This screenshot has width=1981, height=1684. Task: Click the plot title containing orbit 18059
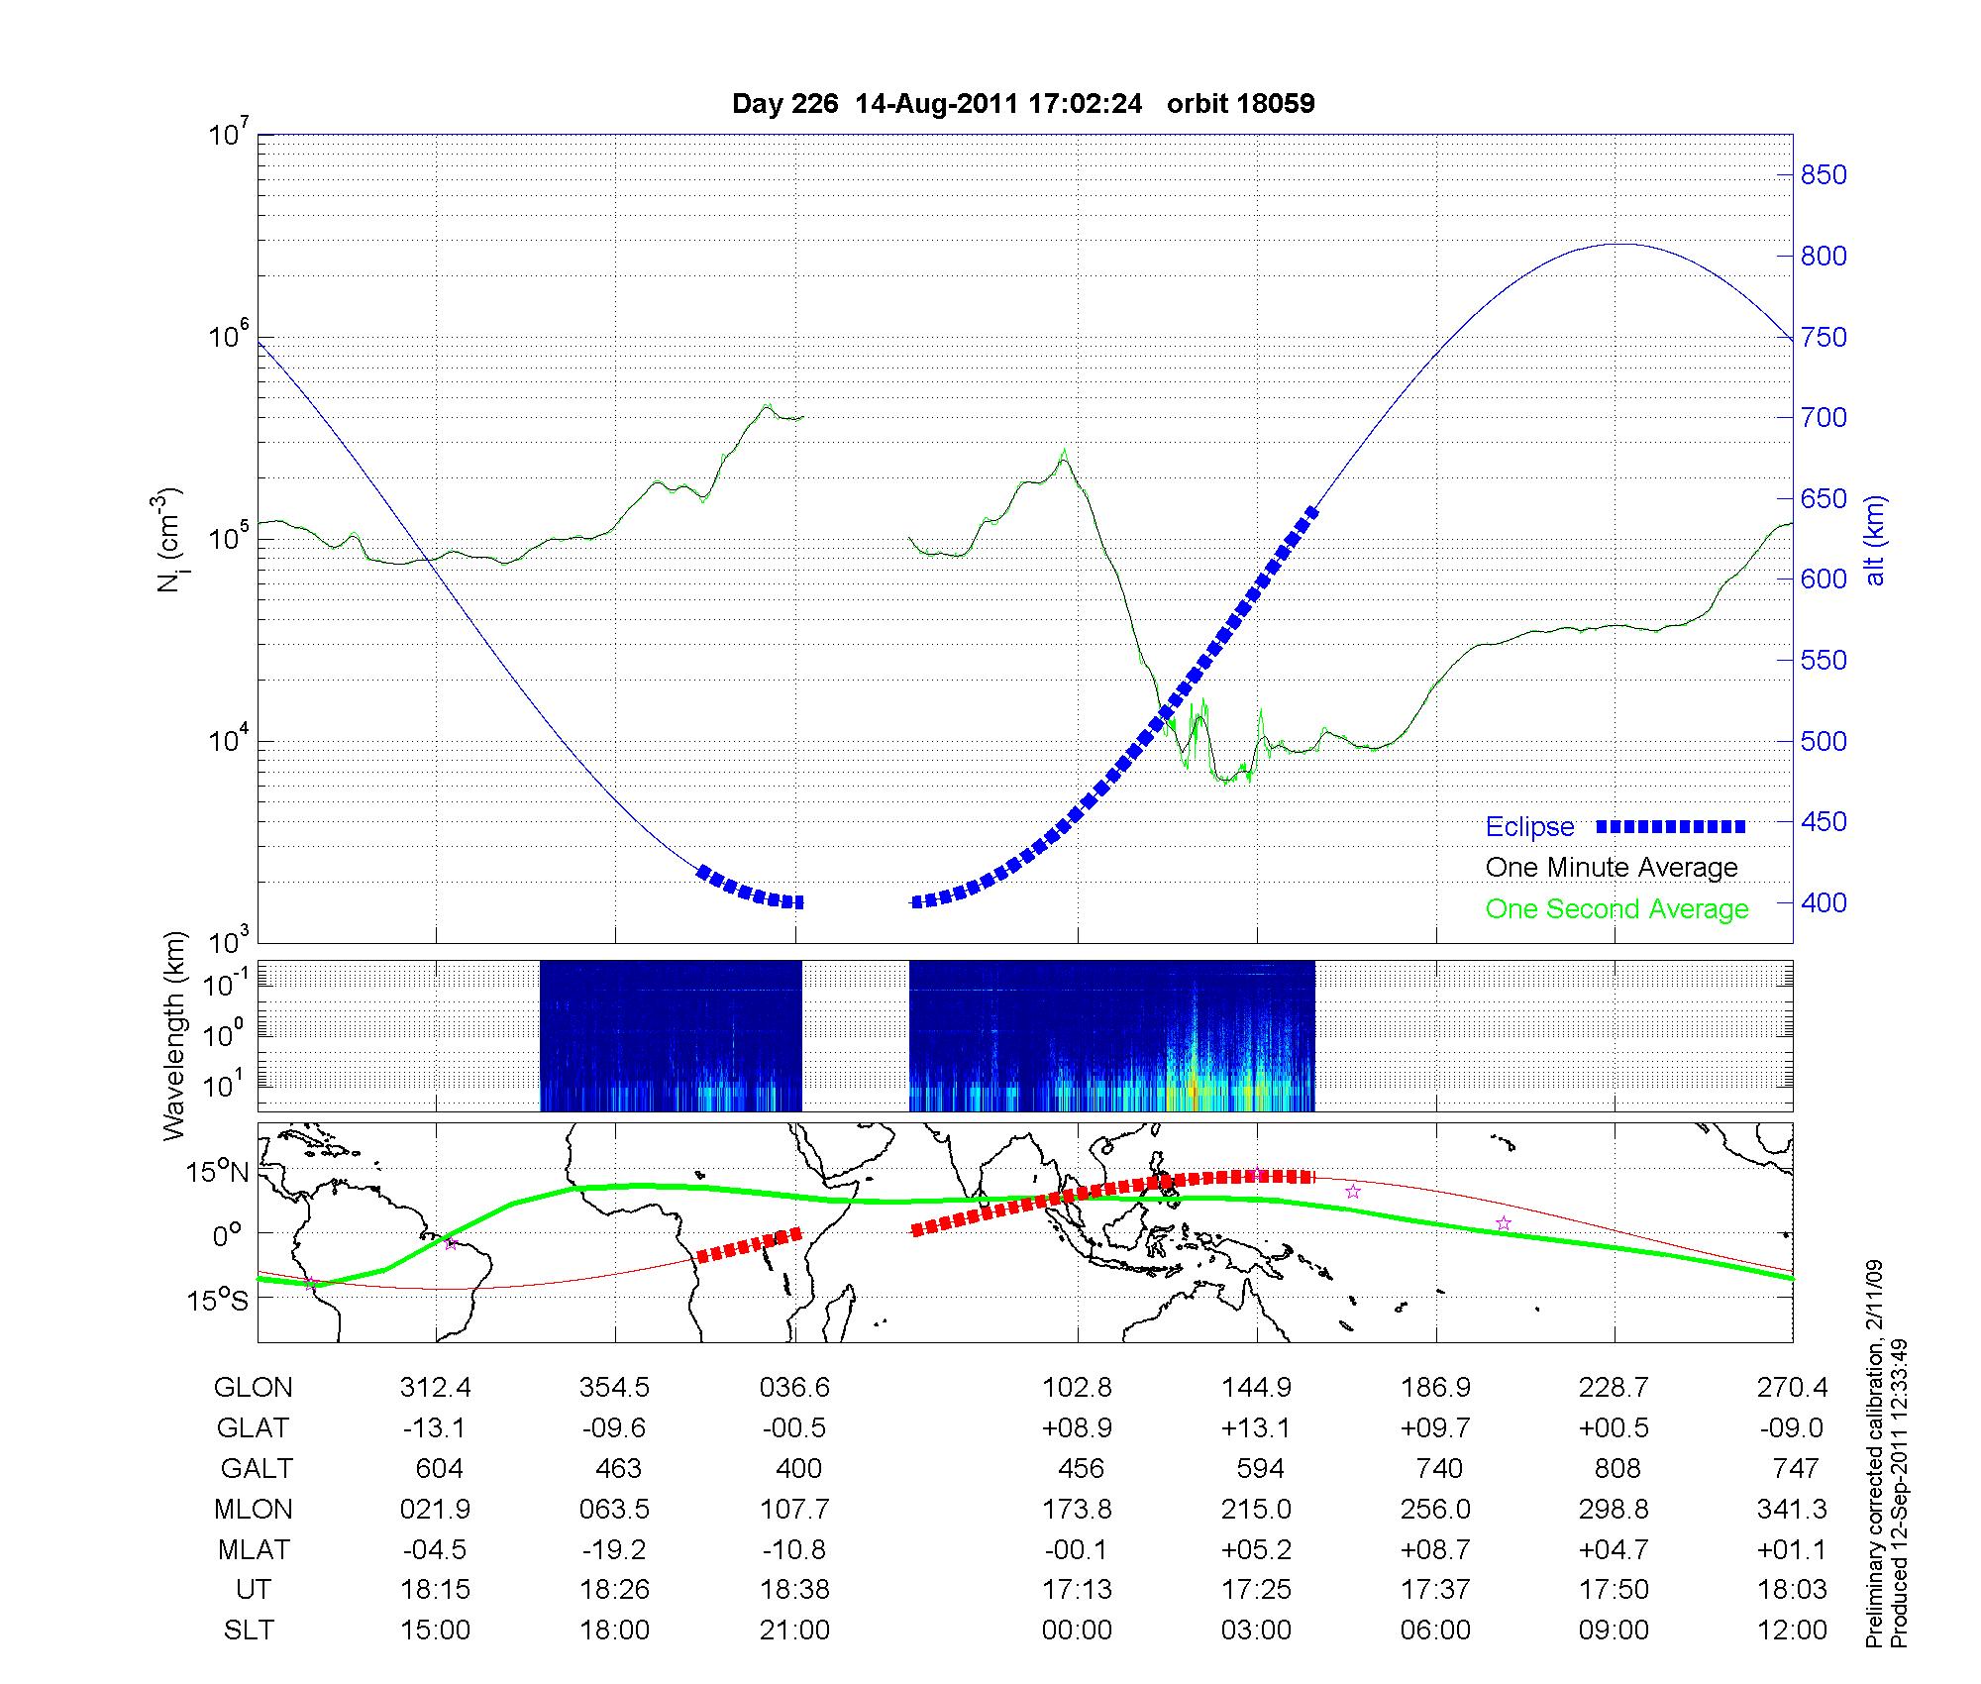point(1023,104)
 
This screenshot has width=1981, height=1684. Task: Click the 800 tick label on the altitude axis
point(1823,257)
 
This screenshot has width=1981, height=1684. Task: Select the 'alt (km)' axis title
point(1875,540)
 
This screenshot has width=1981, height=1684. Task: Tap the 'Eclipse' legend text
point(1529,827)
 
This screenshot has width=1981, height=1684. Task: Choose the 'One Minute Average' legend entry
point(1612,868)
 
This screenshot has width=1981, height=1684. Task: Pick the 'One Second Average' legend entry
point(1616,909)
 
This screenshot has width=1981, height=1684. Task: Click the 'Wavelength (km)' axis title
point(175,1036)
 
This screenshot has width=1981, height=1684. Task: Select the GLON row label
point(253,1388)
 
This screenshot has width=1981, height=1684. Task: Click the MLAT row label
point(253,1549)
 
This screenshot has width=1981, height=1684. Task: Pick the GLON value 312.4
point(436,1388)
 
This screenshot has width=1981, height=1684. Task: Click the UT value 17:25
point(1256,1590)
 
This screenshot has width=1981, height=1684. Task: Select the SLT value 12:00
point(1794,1631)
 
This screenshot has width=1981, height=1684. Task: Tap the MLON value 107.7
point(794,1509)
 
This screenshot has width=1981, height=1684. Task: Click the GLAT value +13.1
point(1256,1428)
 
